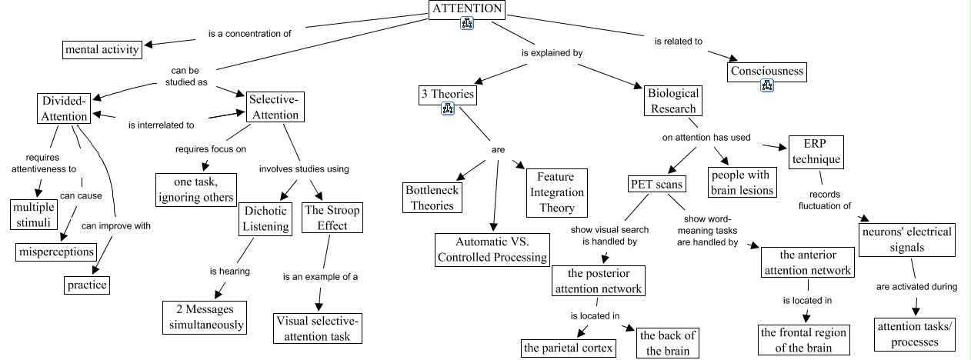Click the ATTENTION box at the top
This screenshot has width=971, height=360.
tap(467, 9)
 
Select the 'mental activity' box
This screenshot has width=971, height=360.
tap(102, 50)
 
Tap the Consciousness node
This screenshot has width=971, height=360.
tap(766, 72)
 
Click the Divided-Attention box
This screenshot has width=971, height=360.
tap(64, 109)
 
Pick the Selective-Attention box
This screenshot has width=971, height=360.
tap(273, 107)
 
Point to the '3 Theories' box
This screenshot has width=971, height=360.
tap(446, 95)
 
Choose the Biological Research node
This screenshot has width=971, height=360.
tap(673, 101)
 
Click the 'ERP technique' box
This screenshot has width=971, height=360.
tap(816, 152)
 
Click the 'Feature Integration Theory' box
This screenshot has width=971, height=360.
tap(556, 192)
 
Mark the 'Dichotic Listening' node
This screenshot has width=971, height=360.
tap(266, 218)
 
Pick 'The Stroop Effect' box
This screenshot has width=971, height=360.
tap(332, 218)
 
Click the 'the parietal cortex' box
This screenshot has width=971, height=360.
tap(569, 348)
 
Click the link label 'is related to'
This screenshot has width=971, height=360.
tap(678, 42)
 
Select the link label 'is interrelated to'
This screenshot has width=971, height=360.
tap(161, 124)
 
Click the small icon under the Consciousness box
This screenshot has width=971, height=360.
tap(766, 86)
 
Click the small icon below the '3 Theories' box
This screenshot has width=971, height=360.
tap(449, 109)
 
